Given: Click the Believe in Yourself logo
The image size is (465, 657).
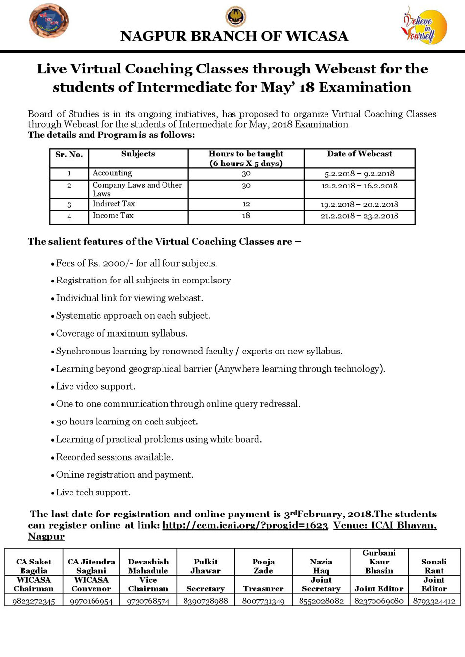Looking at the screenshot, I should [x=424, y=26].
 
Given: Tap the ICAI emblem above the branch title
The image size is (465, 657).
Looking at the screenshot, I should [x=235, y=17].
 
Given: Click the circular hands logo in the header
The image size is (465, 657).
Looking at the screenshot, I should [x=48, y=21].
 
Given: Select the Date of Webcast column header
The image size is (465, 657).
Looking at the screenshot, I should [x=359, y=154].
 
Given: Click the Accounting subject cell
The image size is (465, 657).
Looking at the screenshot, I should [x=113, y=173].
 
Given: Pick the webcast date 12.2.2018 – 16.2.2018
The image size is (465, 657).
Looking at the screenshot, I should [x=359, y=186].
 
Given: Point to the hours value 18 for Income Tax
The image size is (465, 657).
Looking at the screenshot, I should [x=246, y=216].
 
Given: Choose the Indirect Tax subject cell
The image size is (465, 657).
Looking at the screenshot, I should [x=114, y=204].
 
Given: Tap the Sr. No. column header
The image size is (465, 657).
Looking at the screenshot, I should [x=69, y=155].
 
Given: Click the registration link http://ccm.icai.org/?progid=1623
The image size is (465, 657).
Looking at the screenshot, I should [x=245, y=526].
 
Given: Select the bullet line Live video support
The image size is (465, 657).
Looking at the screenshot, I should [x=95, y=387].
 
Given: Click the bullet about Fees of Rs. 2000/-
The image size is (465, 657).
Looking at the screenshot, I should [x=136, y=264].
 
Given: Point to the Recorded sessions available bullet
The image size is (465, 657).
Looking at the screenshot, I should [x=115, y=457].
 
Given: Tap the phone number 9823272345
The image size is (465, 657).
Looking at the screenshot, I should [x=34, y=601].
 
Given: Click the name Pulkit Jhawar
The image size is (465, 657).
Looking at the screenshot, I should [x=206, y=566].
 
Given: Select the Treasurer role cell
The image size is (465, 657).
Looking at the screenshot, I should [x=263, y=589].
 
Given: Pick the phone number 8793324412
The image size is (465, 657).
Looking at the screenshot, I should [x=434, y=601].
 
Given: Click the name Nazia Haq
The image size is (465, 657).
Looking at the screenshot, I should [x=321, y=566].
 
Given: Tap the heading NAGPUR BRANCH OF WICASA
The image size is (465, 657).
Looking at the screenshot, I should [x=234, y=37].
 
